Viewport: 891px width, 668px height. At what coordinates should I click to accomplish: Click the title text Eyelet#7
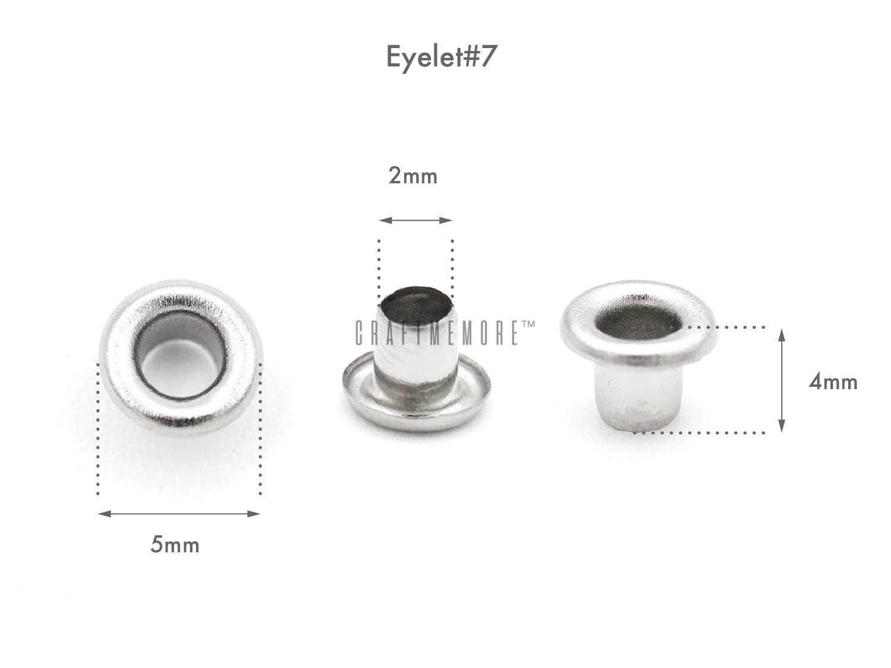point(440,58)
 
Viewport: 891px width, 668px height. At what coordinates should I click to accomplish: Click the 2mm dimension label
point(413,176)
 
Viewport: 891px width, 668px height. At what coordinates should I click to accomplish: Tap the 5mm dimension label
point(175,545)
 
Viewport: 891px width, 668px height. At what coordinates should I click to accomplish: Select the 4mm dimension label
point(833,382)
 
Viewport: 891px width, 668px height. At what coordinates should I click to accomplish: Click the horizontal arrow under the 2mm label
point(416,220)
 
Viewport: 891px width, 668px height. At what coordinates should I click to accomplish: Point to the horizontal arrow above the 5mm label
point(179,514)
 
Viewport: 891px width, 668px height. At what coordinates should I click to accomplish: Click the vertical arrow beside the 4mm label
point(782,380)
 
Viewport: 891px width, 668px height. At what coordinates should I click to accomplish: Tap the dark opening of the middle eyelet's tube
point(417,305)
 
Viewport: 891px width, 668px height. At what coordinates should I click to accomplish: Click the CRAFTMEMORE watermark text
point(436,333)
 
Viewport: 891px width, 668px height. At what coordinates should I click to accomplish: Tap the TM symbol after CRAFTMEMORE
point(528,325)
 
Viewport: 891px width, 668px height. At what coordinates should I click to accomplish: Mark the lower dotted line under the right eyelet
point(700,432)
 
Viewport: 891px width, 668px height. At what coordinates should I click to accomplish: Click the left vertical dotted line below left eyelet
point(97,439)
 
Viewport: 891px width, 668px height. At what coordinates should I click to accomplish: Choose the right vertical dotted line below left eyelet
point(260,439)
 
